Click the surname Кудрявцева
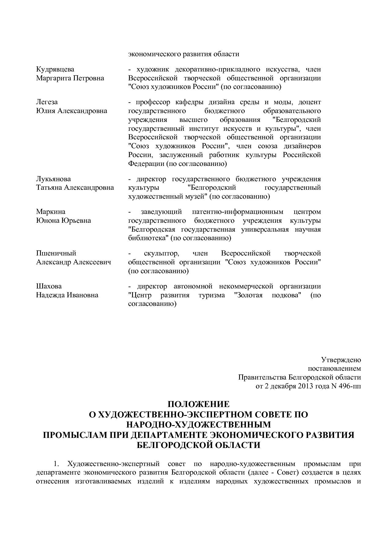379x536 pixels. tap(55, 69)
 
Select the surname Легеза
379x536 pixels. tap(47, 102)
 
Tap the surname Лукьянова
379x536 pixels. tap(53, 179)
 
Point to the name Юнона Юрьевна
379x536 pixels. tap(63, 220)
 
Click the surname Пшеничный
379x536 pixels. tap(56, 253)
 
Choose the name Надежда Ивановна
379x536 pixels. tap(67, 295)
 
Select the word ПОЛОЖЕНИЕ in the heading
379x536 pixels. tap(198, 404)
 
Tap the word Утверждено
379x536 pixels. tap(341, 360)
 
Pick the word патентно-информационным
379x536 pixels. tap(238, 211)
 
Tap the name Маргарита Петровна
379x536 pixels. tap(70, 78)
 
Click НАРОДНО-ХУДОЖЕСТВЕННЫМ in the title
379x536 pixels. tap(198, 424)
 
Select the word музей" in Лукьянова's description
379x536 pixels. tap(197, 196)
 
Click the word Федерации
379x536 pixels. tap(146, 163)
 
